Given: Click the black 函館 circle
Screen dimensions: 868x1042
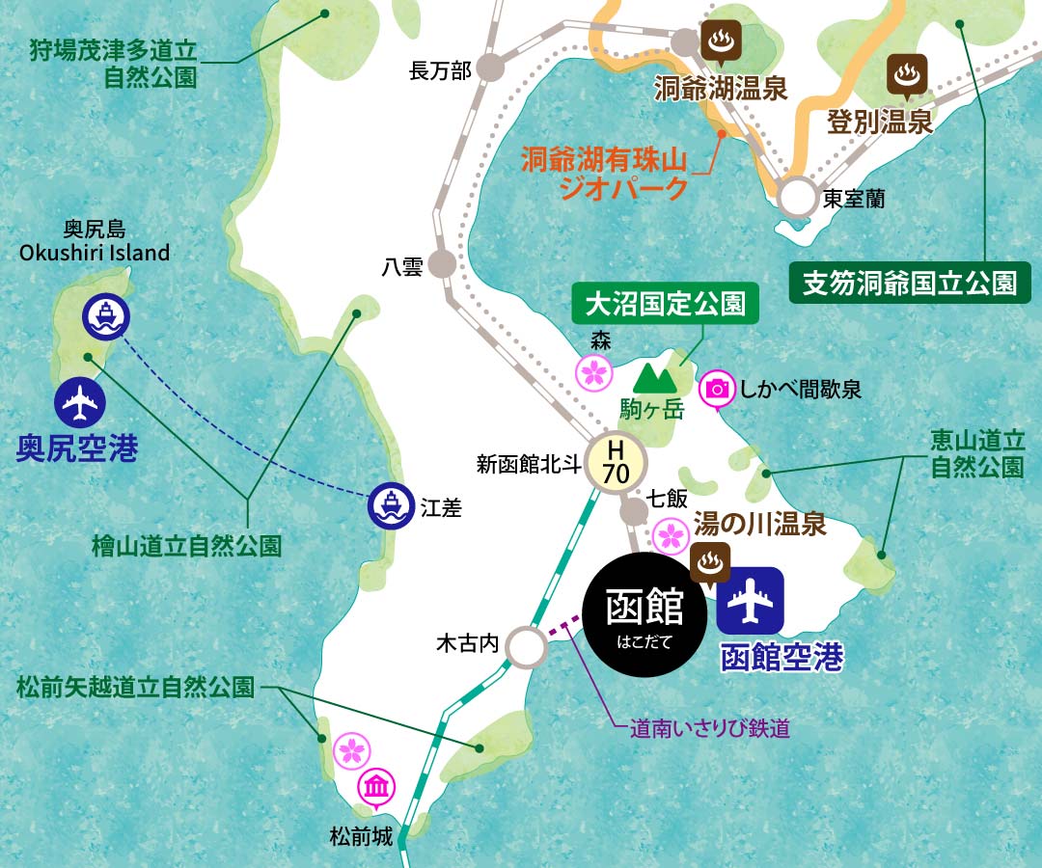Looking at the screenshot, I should (x=644, y=615).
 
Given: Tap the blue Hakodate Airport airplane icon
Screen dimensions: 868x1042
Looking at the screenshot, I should (x=751, y=601).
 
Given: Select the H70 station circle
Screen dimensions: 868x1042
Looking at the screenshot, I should (x=616, y=462).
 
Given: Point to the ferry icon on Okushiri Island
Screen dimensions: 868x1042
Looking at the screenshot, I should (x=105, y=315).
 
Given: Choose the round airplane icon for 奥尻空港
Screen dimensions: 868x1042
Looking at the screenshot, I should (x=78, y=403).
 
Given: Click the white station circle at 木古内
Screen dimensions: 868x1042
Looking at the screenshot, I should (x=525, y=647).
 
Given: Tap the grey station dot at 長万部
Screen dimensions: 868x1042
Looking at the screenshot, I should (x=491, y=68).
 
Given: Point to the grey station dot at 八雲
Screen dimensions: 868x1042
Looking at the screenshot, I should (x=443, y=263).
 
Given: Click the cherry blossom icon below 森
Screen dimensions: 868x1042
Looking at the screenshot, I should (x=594, y=370).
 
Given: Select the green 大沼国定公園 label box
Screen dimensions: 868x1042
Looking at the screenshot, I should (x=665, y=304).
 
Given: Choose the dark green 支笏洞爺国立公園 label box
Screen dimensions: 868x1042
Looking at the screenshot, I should (x=910, y=283).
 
